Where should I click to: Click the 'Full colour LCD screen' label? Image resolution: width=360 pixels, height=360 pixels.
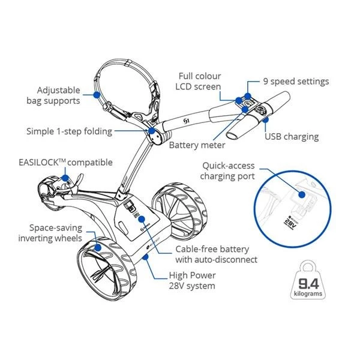tap(199, 81)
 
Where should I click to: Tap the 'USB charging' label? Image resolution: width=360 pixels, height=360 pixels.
tap(292, 137)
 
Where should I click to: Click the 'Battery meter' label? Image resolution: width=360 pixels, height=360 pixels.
tap(197, 145)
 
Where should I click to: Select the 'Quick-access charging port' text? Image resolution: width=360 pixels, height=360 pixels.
tap(228, 171)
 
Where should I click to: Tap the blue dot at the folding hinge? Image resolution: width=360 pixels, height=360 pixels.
tap(151, 130)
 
